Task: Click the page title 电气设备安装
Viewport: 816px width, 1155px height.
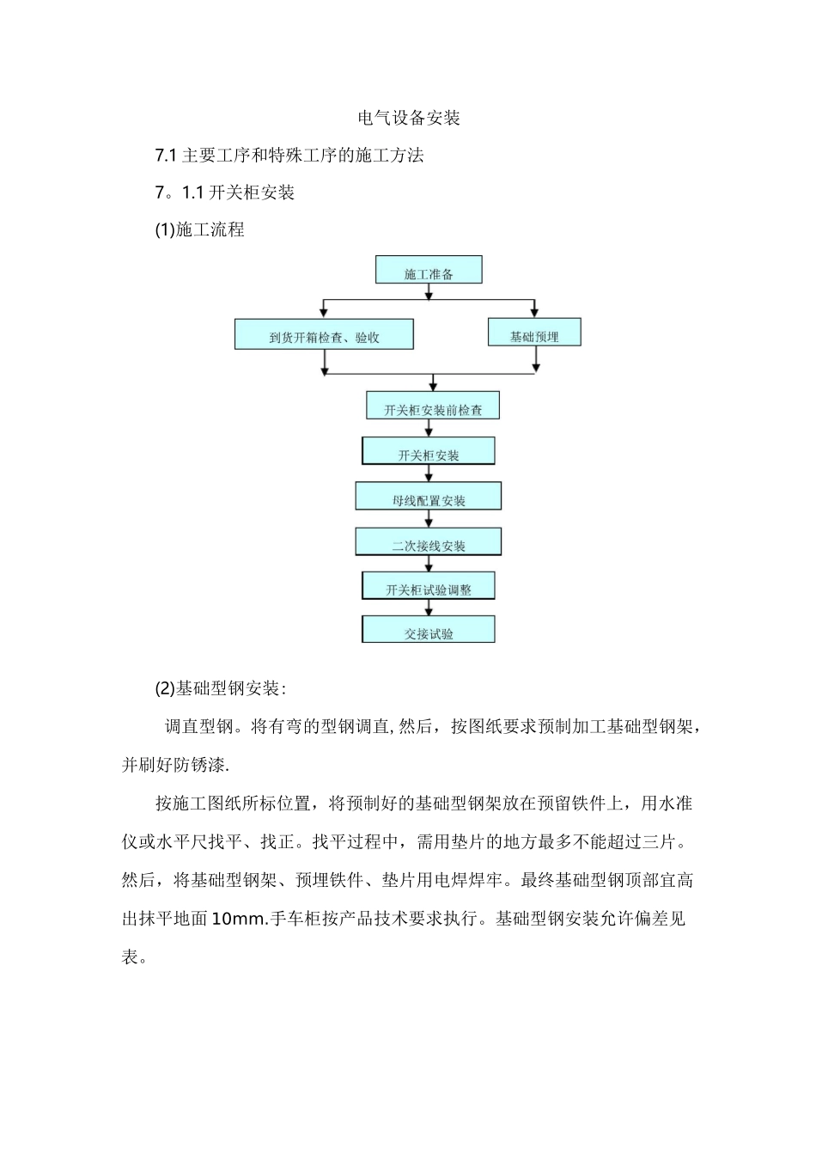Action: (x=409, y=118)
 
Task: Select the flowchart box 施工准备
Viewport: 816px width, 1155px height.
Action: (x=429, y=271)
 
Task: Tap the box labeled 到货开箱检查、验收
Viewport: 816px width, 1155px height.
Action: (x=324, y=334)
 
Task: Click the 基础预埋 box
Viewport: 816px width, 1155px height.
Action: (x=534, y=333)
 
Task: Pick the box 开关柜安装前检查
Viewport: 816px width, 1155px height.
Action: (x=433, y=406)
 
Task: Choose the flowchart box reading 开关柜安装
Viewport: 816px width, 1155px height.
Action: (x=429, y=452)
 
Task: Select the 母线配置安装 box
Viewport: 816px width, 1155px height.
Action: (x=429, y=497)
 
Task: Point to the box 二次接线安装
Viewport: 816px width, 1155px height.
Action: (x=429, y=542)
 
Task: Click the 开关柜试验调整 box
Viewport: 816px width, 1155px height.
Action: (x=429, y=587)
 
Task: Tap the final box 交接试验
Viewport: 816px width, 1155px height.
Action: (x=429, y=631)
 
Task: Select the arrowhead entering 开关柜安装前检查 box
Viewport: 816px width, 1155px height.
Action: (x=434, y=387)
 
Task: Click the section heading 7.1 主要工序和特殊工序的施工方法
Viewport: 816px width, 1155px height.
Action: (x=289, y=156)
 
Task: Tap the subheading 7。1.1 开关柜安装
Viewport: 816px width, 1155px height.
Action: (x=225, y=192)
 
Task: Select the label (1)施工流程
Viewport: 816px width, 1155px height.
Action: (x=199, y=229)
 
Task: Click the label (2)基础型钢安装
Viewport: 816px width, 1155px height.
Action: (x=220, y=688)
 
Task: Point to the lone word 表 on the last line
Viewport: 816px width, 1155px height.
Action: (x=131, y=956)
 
